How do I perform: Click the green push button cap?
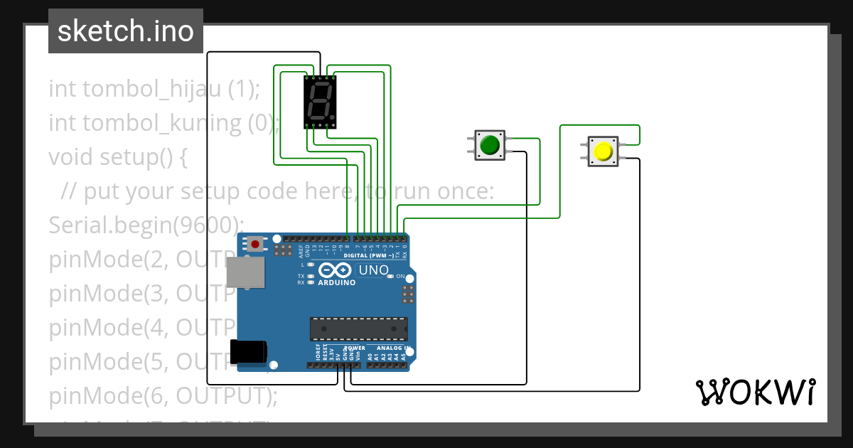click(489, 145)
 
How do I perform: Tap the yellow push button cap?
click(603, 152)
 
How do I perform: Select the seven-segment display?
click(320, 101)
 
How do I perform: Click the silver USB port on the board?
click(245, 272)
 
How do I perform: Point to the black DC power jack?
click(248, 351)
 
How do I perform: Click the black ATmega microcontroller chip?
click(358, 329)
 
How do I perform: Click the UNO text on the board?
click(373, 270)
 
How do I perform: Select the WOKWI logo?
click(755, 392)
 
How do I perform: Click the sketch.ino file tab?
click(126, 31)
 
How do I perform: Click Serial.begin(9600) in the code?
click(146, 225)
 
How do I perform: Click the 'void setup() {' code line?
click(118, 157)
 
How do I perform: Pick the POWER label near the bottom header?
click(355, 348)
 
